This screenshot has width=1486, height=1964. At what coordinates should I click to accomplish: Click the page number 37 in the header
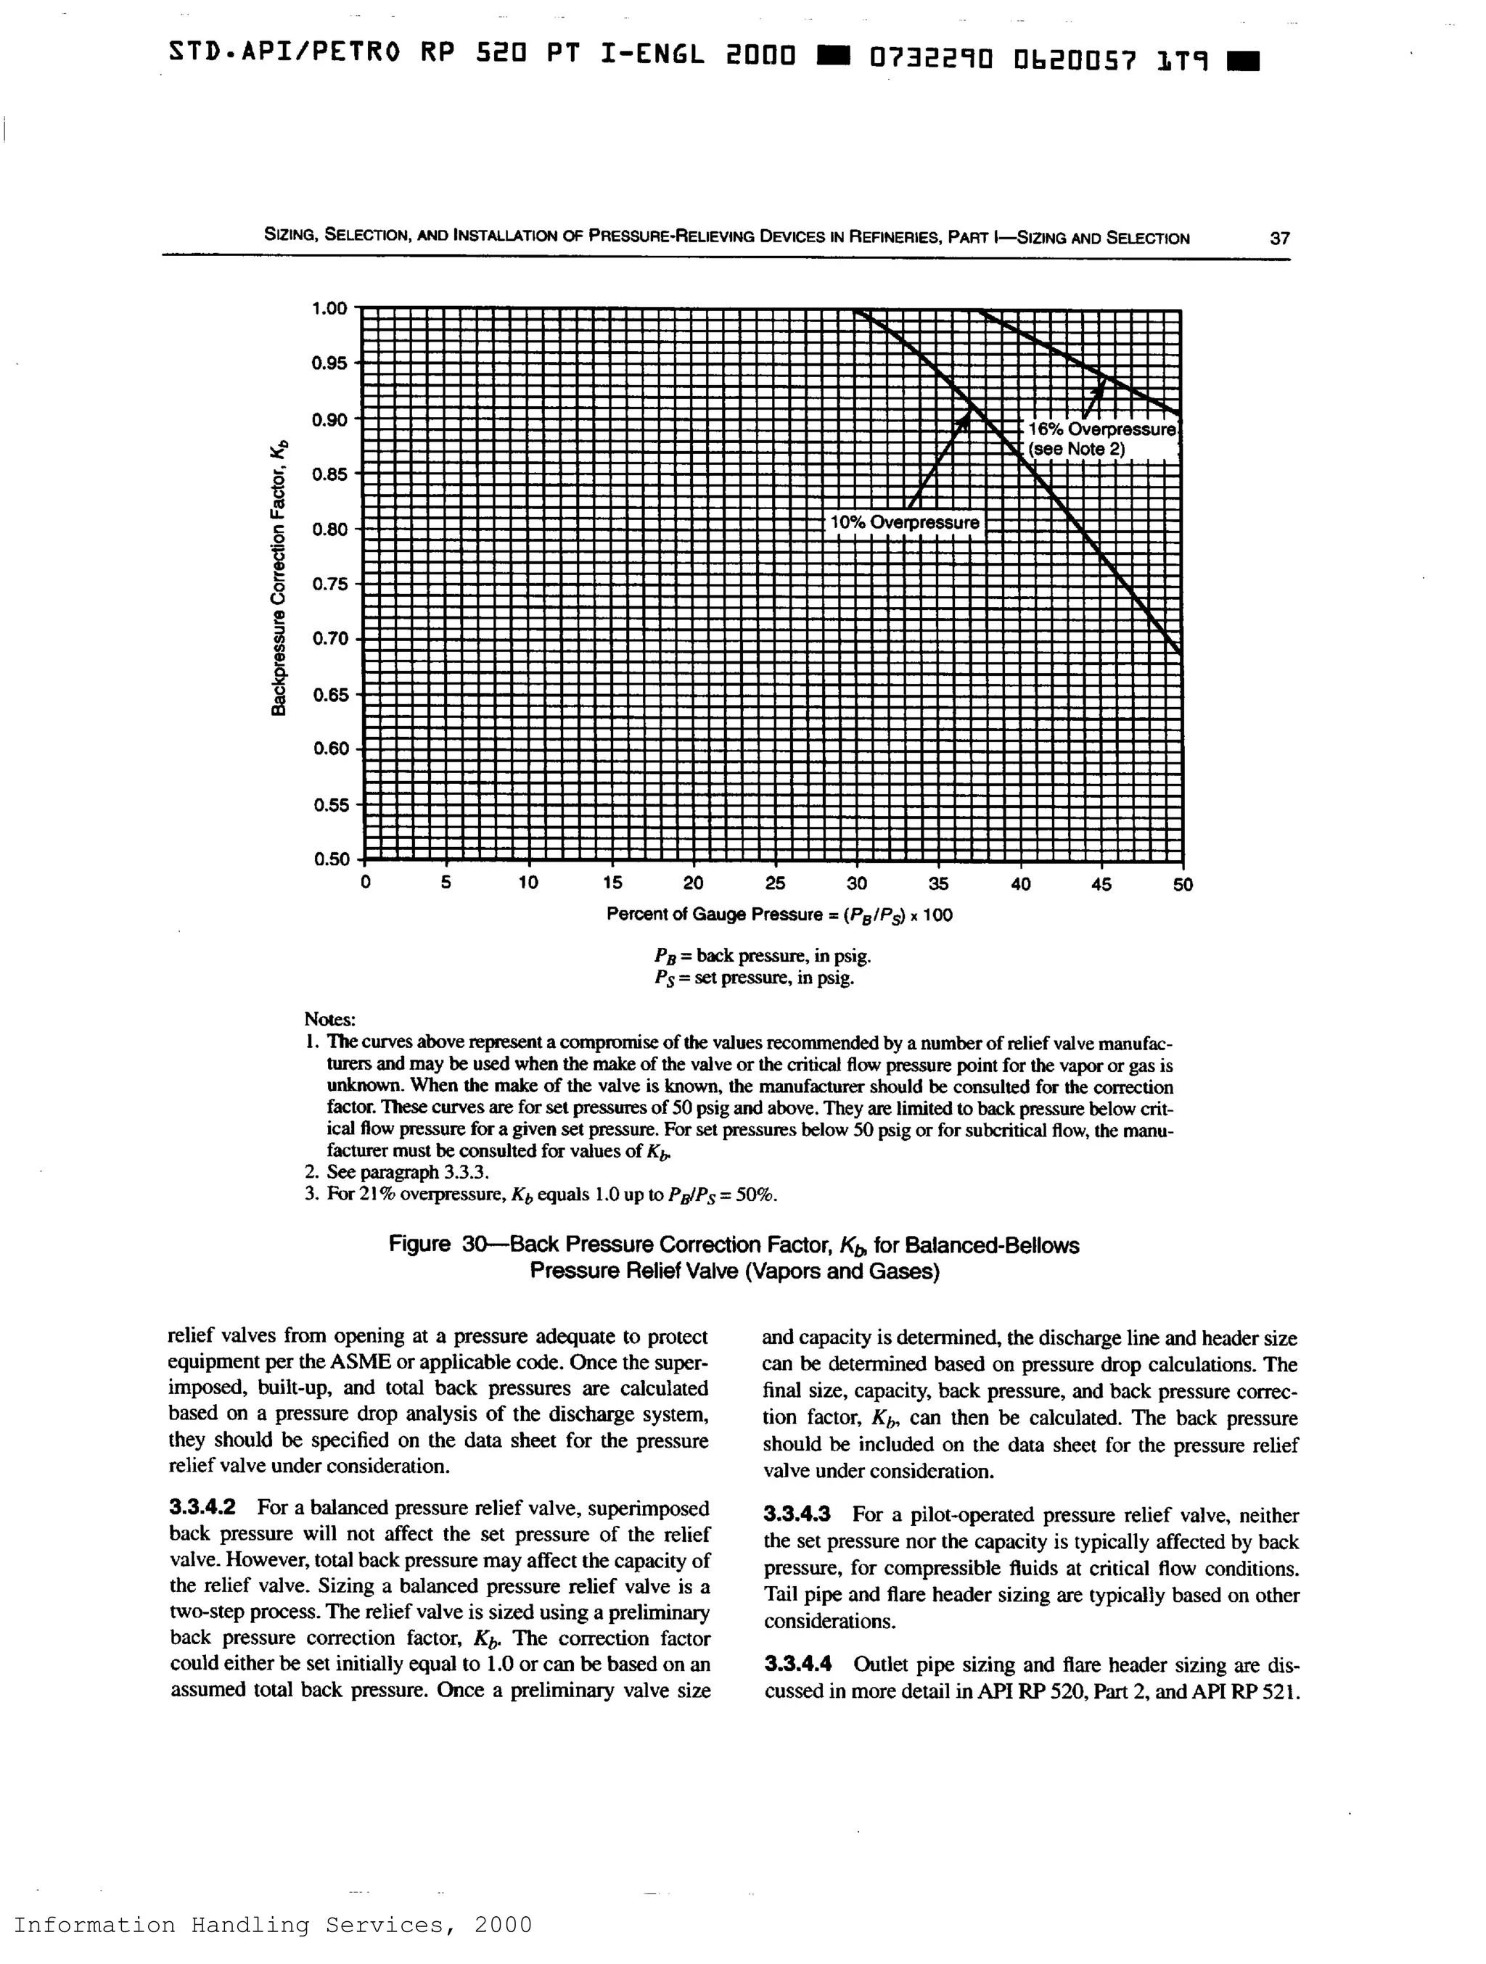click(x=1279, y=238)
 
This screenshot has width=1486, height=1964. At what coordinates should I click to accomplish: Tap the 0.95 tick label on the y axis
click(x=329, y=363)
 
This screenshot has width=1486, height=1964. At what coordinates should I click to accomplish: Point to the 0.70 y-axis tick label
click(x=329, y=638)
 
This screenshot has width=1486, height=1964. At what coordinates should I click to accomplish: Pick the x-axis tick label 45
click(x=1101, y=884)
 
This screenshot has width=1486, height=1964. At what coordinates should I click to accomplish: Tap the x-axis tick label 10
click(x=528, y=884)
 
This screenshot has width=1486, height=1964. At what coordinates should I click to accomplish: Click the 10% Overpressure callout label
click(x=904, y=523)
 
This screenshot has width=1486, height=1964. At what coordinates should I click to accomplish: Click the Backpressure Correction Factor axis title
click(x=280, y=577)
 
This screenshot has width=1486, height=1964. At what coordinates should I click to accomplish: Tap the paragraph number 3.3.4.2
click(x=202, y=1508)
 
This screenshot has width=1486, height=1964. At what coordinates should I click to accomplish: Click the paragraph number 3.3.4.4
click(x=797, y=1664)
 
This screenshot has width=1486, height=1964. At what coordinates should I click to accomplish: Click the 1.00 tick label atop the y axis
click(x=329, y=308)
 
